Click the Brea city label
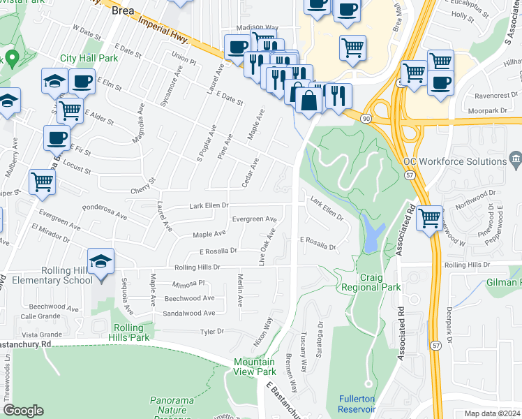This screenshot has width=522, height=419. click(x=123, y=10)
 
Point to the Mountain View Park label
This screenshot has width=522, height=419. click(x=255, y=367)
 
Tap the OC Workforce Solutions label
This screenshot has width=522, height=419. click(x=454, y=161)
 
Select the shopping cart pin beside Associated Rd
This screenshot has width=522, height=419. click(x=430, y=219)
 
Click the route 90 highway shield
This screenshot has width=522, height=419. click(x=366, y=119)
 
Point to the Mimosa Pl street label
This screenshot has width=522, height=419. click(x=189, y=284)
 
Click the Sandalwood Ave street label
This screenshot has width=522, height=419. click(x=188, y=314)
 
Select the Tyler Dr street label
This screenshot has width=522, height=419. click(x=211, y=332)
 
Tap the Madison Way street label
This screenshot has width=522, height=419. click(x=257, y=28)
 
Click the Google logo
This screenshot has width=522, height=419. click(x=23, y=411)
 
